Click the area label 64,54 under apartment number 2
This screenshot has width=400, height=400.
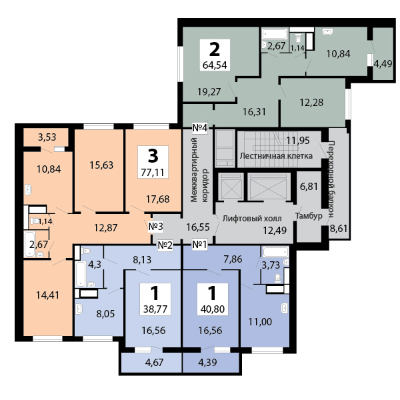tap(215, 65)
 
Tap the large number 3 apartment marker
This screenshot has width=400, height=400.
tap(153, 156)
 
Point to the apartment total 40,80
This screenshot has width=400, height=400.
tap(213, 309)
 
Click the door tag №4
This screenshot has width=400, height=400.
tap(200, 127)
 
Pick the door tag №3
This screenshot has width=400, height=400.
tap(155, 226)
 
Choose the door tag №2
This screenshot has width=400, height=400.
tap(165, 245)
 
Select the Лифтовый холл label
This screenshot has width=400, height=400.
tap(252, 218)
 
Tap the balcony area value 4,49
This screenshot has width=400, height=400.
tap(383, 64)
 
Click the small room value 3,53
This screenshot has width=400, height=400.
tap(47, 137)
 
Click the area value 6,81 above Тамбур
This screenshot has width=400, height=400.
tap(309, 187)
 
